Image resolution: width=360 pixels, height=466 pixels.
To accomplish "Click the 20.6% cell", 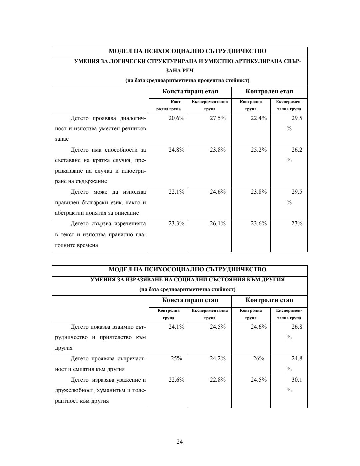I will tap(176, 118).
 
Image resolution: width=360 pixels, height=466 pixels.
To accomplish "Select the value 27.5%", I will tap(217, 118).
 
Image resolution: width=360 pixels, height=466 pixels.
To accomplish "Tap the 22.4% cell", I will tap(259, 118).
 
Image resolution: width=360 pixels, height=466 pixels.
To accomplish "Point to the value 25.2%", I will tap(259, 150).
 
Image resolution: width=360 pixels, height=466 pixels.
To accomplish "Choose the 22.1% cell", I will tap(176, 192).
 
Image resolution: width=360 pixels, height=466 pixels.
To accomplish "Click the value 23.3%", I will tap(176, 223).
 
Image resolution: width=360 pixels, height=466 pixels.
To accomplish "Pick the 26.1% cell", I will tap(217, 223).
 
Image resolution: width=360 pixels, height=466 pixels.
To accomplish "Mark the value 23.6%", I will tap(259, 223).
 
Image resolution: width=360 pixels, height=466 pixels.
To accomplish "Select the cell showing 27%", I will tap(297, 223).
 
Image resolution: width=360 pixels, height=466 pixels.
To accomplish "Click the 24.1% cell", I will tap(176, 327).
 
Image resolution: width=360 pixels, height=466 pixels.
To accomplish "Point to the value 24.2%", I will tap(217, 358).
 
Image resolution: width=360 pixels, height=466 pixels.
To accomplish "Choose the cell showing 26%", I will tap(259, 358).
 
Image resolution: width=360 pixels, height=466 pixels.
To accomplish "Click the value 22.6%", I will tap(176, 380).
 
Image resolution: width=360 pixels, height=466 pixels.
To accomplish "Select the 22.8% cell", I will tap(217, 380).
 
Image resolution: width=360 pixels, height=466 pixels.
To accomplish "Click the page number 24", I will tap(180, 442).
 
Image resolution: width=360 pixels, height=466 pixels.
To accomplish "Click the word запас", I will tap(62, 139).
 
